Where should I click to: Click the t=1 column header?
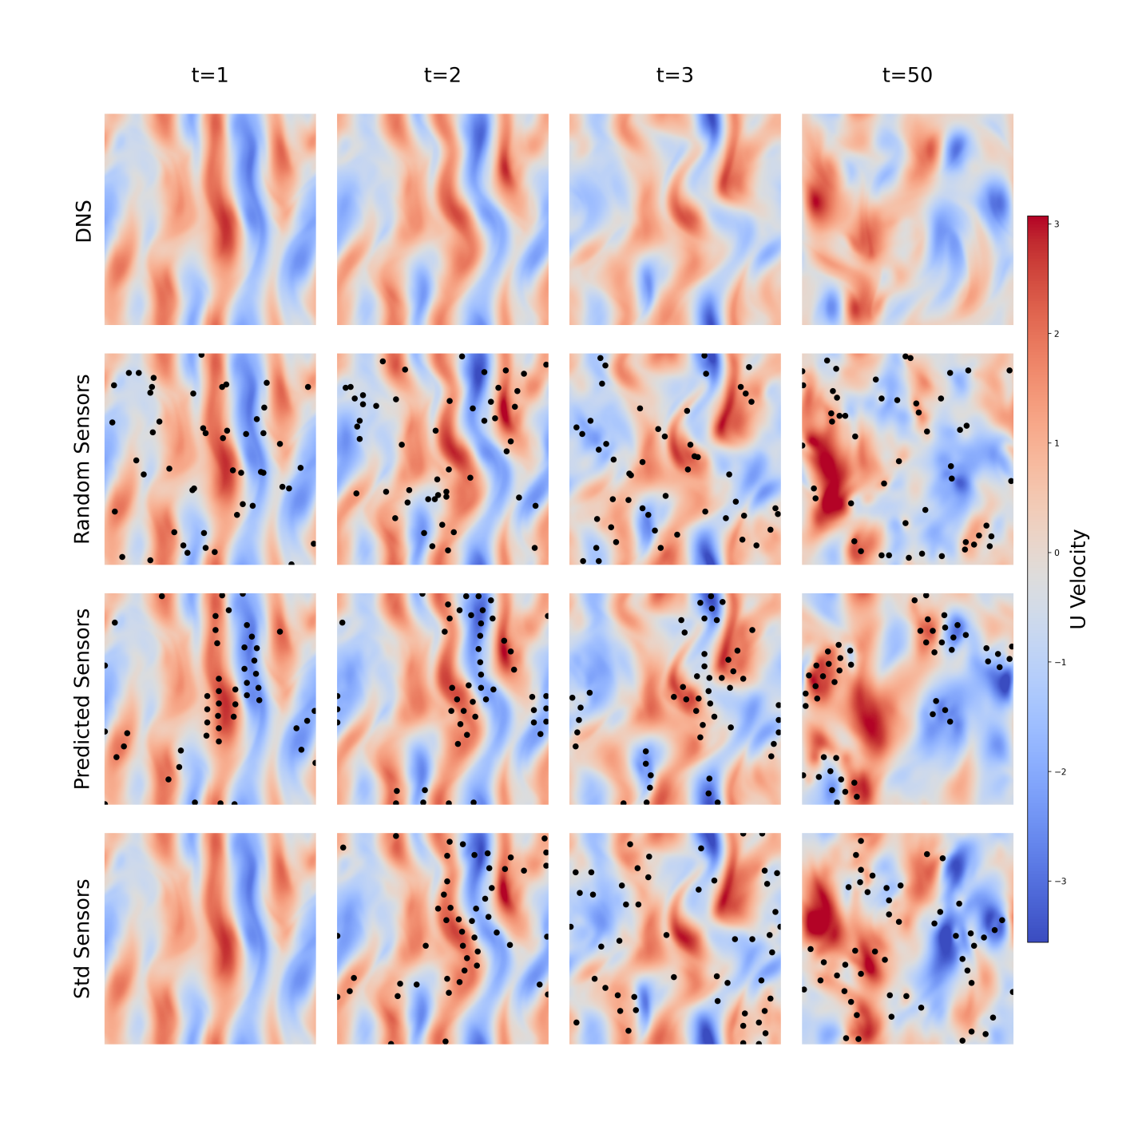pos(209,75)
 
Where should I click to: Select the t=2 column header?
pos(442,75)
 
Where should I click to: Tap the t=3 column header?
pos(675,75)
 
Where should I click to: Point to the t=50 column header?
pos(907,75)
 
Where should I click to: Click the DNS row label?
pos(84,221)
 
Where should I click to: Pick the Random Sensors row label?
pos(82,459)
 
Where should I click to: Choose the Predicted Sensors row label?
pos(82,699)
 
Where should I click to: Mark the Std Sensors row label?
pos(82,938)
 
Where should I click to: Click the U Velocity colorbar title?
pos(1079,579)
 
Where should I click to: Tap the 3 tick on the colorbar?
pos(1057,224)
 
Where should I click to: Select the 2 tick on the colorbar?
pos(1057,334)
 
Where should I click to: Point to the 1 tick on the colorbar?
pos(1057,443)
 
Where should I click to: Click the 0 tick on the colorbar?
pos(1057,553)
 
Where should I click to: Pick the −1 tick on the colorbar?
pos(1058,662)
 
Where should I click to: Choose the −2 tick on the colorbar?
pos(1058,771)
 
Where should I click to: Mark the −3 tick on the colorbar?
pos(1058,881)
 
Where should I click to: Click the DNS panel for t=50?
pos(907,220)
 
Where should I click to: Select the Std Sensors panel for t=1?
pos(210,938)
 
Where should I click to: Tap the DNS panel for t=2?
pos(442,220)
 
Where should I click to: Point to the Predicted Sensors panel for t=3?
pos(675,699)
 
